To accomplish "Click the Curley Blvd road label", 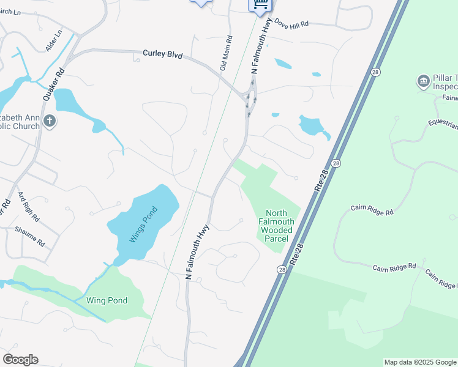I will point(163,54).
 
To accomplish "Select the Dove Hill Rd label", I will point(291,23).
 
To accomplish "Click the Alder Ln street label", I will point(54,40).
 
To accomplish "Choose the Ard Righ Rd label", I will point(29,206).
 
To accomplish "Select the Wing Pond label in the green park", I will point(107,300).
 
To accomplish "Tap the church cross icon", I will point(50,122).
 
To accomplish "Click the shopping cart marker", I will point(260,4).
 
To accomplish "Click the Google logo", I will point(20,360).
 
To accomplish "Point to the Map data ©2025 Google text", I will point(419,362).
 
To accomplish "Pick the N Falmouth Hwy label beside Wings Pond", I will point(198,252).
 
